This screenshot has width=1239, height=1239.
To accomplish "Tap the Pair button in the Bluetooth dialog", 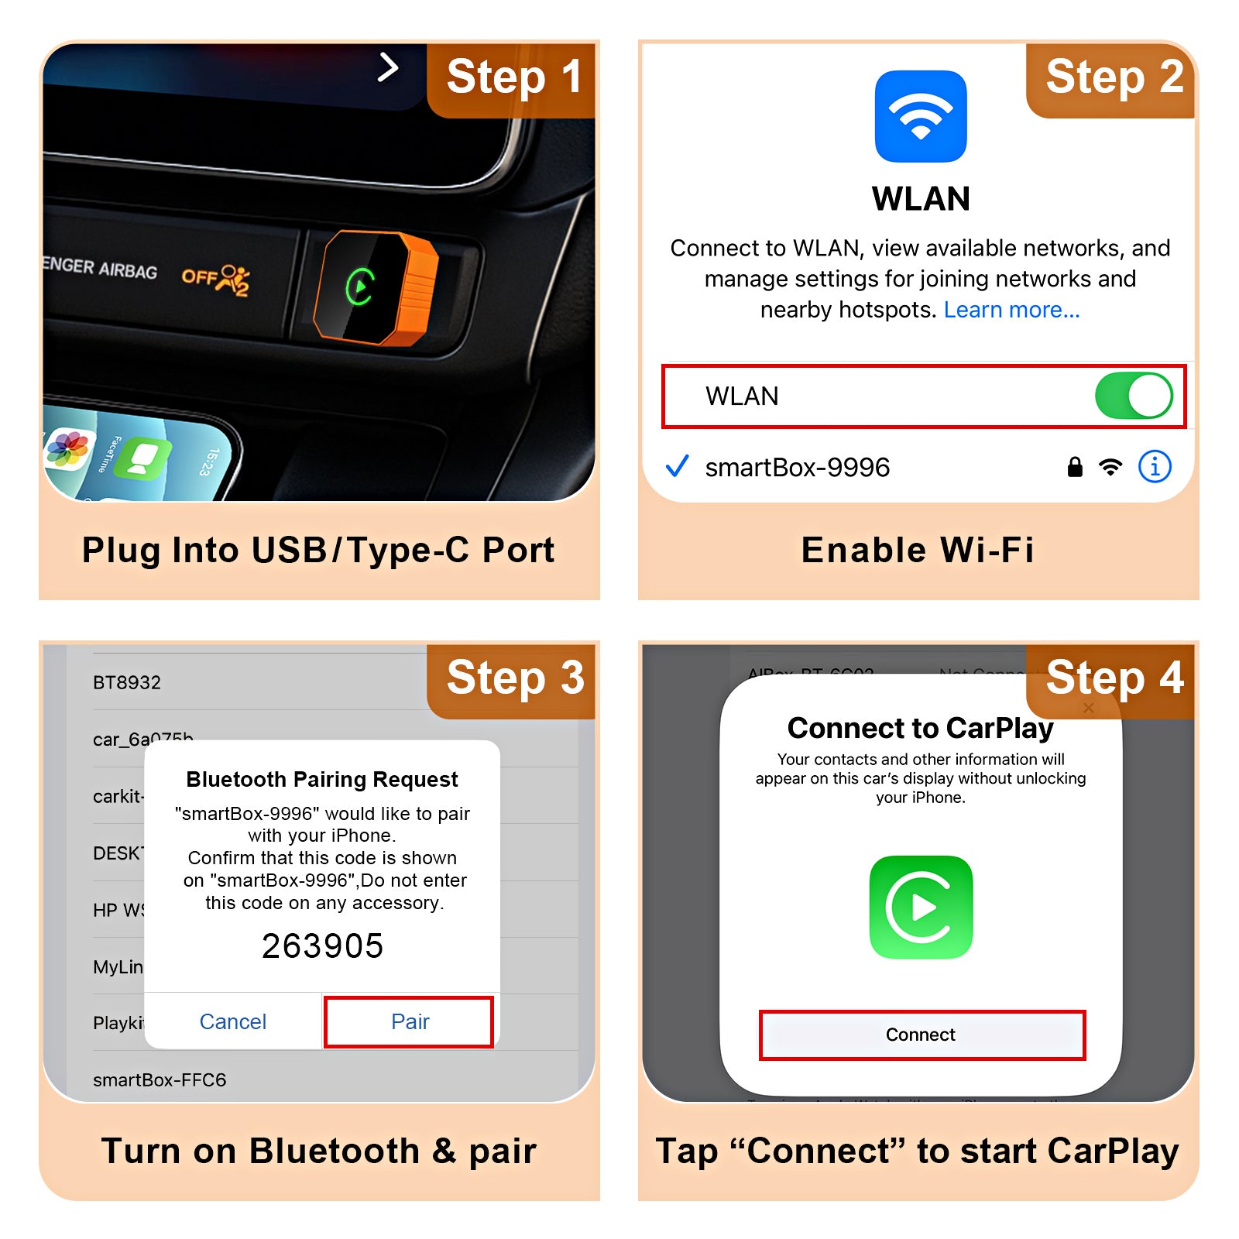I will [x=409, y=1022].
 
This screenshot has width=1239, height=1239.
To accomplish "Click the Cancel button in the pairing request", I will [x=233, y=1022].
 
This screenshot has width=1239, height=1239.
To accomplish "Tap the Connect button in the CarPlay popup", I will [x=922, y=1035].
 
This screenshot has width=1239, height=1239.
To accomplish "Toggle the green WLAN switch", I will [x=1133, y=396].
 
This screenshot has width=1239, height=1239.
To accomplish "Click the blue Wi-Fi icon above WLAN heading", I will [x=920, y=116].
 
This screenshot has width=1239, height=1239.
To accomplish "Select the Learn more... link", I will [x=1011, y=310].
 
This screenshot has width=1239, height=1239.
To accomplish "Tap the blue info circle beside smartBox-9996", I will [x=1154, y=467].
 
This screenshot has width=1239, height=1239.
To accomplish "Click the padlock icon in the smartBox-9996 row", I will [x=1075, y=467].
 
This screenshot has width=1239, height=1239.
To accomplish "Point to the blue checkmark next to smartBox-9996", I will [x=678, y=466].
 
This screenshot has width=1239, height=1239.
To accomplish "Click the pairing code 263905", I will [x=322, y=946].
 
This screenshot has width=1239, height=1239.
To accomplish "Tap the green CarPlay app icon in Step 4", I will [x=921, y=907].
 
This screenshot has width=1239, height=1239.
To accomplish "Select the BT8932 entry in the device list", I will [x=127, y=682].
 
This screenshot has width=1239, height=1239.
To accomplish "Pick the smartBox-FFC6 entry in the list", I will [x=160, y=1079].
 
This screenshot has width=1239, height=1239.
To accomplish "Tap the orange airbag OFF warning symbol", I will [x=217, y=279].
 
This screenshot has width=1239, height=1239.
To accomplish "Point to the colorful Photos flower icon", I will [x=68, y=448].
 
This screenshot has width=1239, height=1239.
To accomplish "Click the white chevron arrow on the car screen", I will [x=388, y=67].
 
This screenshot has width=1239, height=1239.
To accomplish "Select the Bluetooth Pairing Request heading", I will [x=322, y=779].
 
